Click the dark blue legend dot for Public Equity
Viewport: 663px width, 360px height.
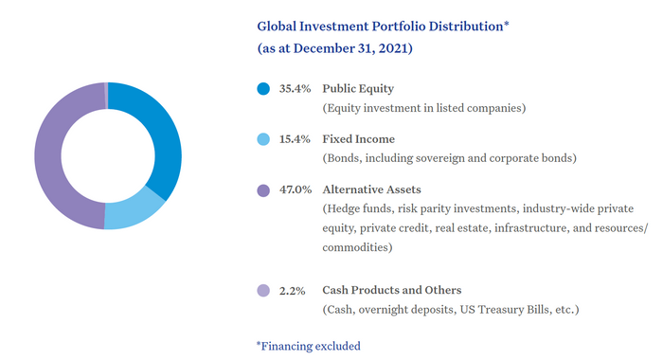[263, 89]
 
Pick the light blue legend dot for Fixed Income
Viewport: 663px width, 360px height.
[263, 139]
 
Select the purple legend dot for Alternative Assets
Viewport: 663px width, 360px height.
[263, 189]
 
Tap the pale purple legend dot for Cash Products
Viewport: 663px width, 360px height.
[263, 291]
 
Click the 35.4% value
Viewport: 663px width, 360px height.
[295, 89]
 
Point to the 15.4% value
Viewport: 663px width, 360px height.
[295, 139]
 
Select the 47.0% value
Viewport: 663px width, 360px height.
[295, 189]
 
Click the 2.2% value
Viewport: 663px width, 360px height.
[292, 291]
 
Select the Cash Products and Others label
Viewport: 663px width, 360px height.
[391, 291]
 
